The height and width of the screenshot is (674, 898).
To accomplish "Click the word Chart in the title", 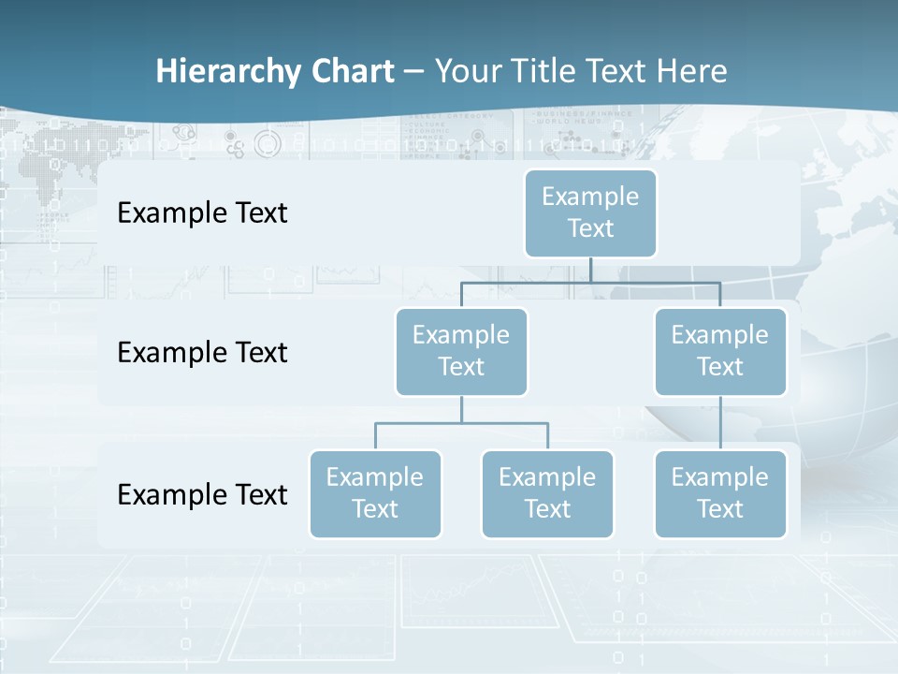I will click(353, 72).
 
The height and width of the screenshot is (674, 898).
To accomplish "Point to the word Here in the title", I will click(692, 72).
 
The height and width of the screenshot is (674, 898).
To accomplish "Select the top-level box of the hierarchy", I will click(590, 213).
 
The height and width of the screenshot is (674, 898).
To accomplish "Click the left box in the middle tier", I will click(461, 352).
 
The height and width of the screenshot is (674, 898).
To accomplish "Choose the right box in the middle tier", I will click(720, 352).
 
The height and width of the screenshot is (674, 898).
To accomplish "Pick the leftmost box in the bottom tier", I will click(375, 494).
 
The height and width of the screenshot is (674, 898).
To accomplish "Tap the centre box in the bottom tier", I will click(547, 494).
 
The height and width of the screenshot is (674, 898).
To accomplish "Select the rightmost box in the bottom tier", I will click(720, 494).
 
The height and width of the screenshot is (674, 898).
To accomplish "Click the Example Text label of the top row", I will click(202, 213).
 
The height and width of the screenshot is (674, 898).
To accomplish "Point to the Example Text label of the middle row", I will click(202, 353).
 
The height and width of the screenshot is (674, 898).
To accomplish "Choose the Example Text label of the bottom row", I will click(202, 494).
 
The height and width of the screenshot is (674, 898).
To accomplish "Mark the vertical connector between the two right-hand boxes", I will click(720, 423).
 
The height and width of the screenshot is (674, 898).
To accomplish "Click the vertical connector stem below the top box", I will click(590, 270).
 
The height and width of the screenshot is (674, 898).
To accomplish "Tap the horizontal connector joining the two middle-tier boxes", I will click(590, 282).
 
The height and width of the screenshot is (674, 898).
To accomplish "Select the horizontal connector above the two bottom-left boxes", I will click(461, 423).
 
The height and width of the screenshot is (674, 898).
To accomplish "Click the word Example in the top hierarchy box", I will click(590, 197).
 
